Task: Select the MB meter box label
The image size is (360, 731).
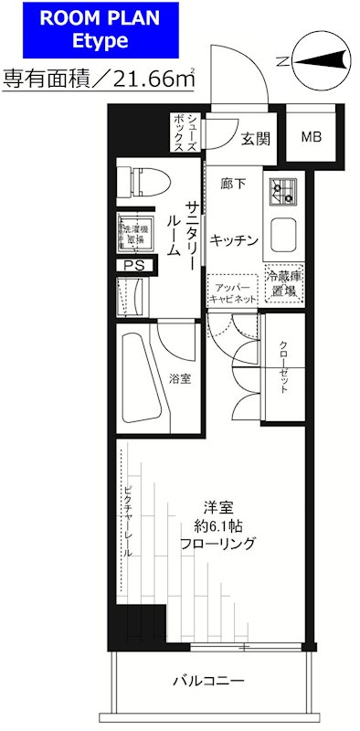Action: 311,138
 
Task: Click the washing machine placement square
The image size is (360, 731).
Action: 133,232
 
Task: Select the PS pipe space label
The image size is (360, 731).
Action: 133,266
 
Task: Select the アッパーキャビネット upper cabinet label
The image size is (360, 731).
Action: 233,291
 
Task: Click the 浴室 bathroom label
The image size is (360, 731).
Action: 179,379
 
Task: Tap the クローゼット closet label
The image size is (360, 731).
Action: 283,368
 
